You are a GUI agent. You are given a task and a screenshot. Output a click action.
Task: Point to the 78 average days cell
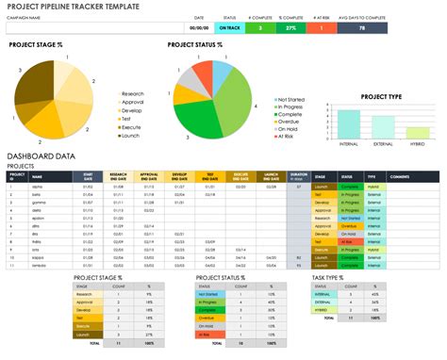pyautogui.click(x=363, y=27)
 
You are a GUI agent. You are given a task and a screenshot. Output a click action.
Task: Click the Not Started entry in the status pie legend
pyautogui.click(x=290, y=98)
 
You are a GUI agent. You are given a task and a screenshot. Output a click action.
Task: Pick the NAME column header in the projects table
pyautogui.click(x=37, y=175)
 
